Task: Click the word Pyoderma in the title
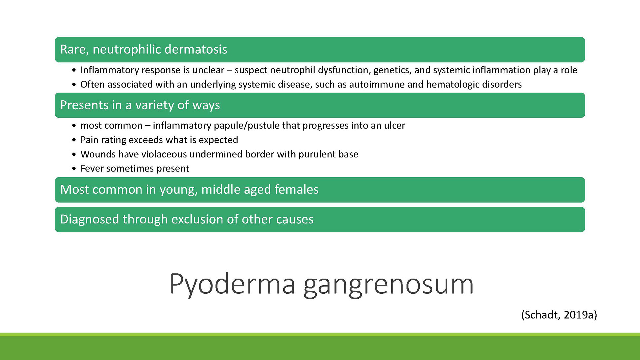pyautogui.click(x=232, y=284)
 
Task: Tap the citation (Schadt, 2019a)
pyautogui.click(x=559, y=315)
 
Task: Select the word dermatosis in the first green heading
pyautogui.click(x=196, y=49)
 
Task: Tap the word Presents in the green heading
pyautogui.click(x=84, y=105)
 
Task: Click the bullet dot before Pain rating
pyautogui.click(x=74, y=140)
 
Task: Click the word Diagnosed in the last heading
pyautogui.click(x=90, y=219)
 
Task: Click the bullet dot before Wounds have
pyautogui.click(x=74, y=154)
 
